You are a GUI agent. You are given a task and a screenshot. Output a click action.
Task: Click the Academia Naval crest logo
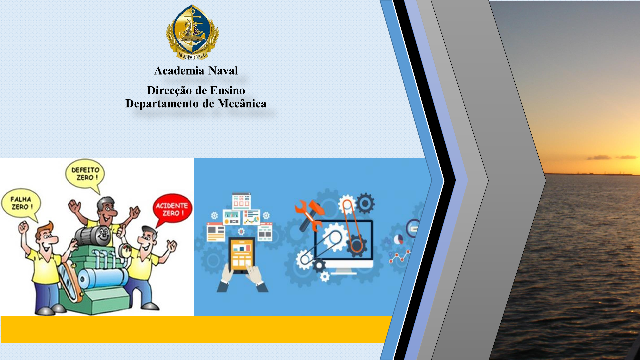click(x=192, y=32)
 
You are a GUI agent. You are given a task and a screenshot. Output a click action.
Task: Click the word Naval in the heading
click(x=223, y=71)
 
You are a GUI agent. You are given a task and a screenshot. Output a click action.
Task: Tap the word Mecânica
click(x=242, y=104)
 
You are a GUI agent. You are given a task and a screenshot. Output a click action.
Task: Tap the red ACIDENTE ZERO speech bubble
click(x=172, y=210)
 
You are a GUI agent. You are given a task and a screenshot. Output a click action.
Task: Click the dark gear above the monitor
click(x=366, y=203)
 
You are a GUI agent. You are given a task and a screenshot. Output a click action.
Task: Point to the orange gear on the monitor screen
click(x=356, y=246)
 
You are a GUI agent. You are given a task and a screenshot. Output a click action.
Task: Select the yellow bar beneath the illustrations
click(x=196, y=329)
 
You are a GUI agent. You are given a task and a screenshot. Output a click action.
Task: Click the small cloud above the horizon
click(x=600, y=157)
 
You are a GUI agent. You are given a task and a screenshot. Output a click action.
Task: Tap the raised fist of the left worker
click(x=23, y=227)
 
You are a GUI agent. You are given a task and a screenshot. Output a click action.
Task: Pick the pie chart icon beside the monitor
click(x=398, y=239)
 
